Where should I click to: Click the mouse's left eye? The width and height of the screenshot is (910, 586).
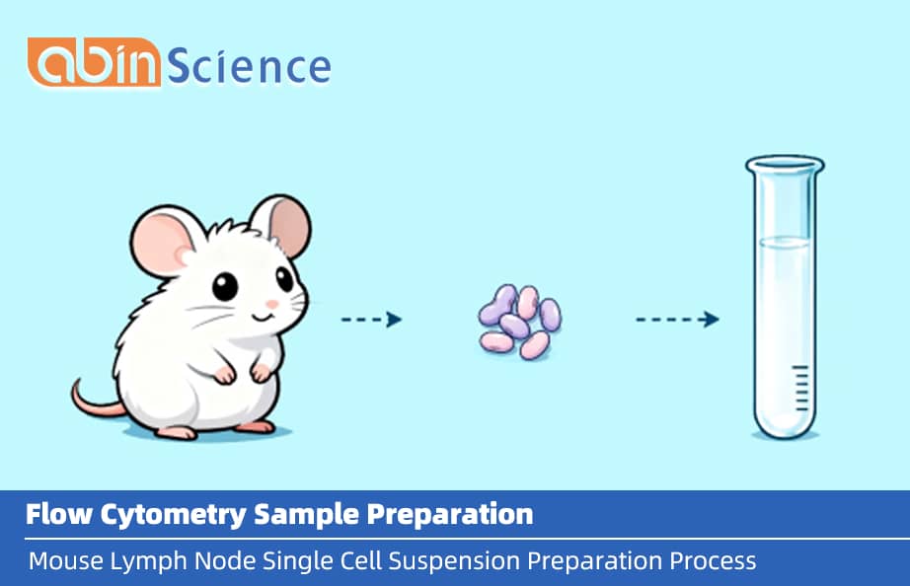pos(225,287)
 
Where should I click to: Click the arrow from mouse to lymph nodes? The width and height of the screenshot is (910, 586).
pos(371,320)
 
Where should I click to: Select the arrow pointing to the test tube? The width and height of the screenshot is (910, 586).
pos(676,320)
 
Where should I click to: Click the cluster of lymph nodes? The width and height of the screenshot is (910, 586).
pos(519,320)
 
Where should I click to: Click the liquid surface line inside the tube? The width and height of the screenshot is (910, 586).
pos(785,240)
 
